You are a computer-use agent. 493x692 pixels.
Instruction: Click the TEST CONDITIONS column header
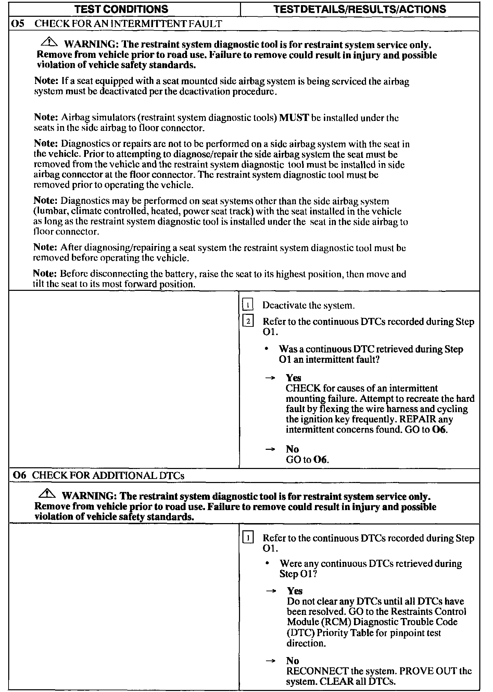pyautogui.click(x=121, y=9)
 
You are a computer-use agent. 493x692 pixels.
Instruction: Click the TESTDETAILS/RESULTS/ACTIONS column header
pyautogui.click(x=360, y=9)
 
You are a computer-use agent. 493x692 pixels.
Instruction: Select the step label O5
pyautogui.click(x=18, y=24)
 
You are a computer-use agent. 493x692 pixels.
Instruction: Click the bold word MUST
pyautogui.click(x=294, y=118)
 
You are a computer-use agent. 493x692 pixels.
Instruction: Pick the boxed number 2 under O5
pyautogui.click(x=248, y=321)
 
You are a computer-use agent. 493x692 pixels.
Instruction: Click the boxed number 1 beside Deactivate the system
pyautogui.click(x=248, y=305)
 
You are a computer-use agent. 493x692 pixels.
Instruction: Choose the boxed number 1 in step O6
pyautogui.click(x=248, y=538)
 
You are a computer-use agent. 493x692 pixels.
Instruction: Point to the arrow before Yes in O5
pyautogui.click(x=270, y=378)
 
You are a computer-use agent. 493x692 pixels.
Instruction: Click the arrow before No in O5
pyautogui.click(x=270, y=449)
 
